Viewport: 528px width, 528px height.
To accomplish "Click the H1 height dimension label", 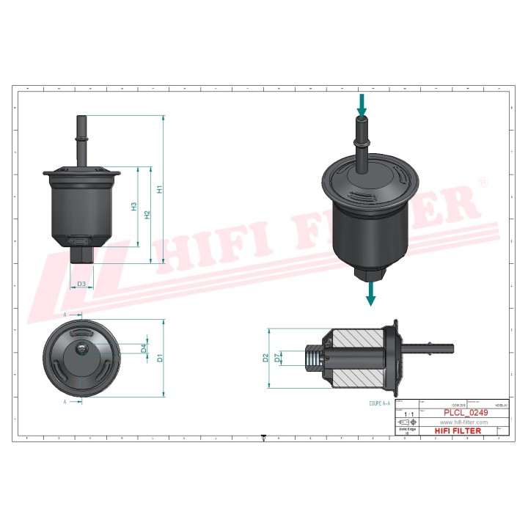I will click(x=160, y=188).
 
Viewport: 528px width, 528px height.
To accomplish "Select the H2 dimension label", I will click(x=147, y=214).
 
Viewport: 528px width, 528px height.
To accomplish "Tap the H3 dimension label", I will click(x=134, y=207).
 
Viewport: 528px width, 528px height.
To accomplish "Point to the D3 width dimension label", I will click(x=81, y=284).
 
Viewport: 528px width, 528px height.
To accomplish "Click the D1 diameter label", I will click(x=159, y=359).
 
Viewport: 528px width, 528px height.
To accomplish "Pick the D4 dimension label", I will click(x=144, y=348).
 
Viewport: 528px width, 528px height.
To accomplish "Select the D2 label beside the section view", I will click(x=266, y=358).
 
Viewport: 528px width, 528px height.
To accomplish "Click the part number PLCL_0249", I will click(x=463, y=414).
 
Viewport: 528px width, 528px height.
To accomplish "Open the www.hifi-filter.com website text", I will click(x=463, y=422).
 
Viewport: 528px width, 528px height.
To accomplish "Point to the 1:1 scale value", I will click(x=408, y=415).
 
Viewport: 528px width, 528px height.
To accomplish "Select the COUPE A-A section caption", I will click(x=383, y=403).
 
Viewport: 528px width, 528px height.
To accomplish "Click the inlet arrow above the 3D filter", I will click(x=362, y=103).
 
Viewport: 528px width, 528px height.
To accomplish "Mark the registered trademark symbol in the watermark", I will click(x=482, y=181).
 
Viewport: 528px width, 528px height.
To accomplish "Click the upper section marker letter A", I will click(x=65, y=315).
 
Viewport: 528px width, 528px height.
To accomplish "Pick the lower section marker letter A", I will click(x=65, y=402).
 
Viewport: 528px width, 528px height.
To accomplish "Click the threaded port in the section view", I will click(x=314, y=359).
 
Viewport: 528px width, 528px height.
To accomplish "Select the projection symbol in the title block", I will click(x=404, y=424).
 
